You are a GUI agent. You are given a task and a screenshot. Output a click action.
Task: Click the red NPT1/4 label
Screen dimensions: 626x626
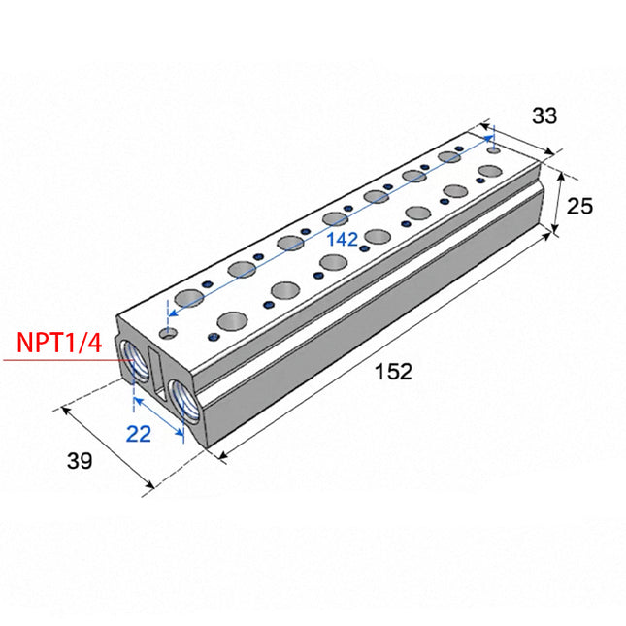(x=59, y=343)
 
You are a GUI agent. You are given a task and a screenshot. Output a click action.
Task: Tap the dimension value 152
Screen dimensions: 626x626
(x=393, y=372)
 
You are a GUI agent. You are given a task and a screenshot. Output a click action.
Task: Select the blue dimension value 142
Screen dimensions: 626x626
(x=343, y=240)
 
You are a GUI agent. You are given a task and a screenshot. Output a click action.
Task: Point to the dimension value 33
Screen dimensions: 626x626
(x=544, y=115)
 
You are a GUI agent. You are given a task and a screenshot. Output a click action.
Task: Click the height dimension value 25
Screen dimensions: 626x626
(x=579, y=207)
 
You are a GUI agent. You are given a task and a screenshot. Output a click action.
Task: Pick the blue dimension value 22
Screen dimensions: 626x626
(x=139, y=434)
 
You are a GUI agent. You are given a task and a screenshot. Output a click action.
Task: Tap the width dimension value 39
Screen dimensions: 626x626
(x=80, y=461)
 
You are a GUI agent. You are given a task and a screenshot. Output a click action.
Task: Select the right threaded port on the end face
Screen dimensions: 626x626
(x=183, y=401)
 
